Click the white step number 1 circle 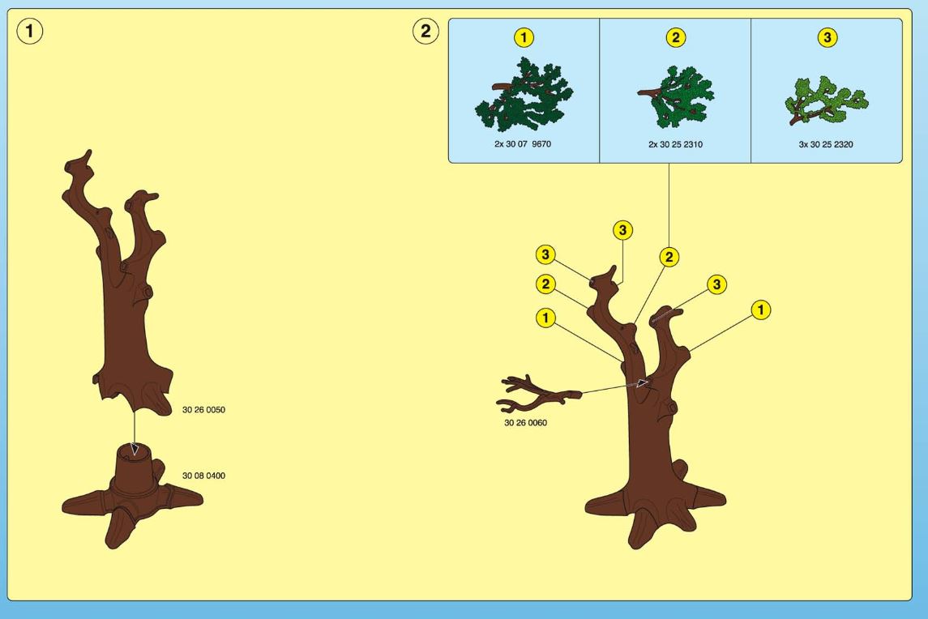pyautogui.click(x=30, y=31)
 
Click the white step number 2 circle pyautogui.click(x=426, y=31)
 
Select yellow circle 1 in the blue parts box pyautogui.click(x=524, y=38)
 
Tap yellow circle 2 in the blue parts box pyautogui.click(x=675, y=38)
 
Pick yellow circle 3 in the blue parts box pyautogui.click(x=827, y=38)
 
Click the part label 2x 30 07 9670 pyautogui.click(x=523, y=143)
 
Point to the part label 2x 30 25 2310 pyautogui.click(x=675, y=144)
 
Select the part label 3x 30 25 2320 pyautogui.click(x=826, y=144)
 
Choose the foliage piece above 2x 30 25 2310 pyautogui.click(x=677, y=97)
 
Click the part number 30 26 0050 pyautogui.click(x=203, y=409)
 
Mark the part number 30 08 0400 pyautogui.click(x=203, y=476)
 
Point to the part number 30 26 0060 pyautogui.click(x=525, y=423)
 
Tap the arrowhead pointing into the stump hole pyautogui.click(x=135, y=449)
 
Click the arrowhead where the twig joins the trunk pyautogui.click(x=642, y=383)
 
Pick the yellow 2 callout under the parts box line pyautogui.click(x=669, y=257)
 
